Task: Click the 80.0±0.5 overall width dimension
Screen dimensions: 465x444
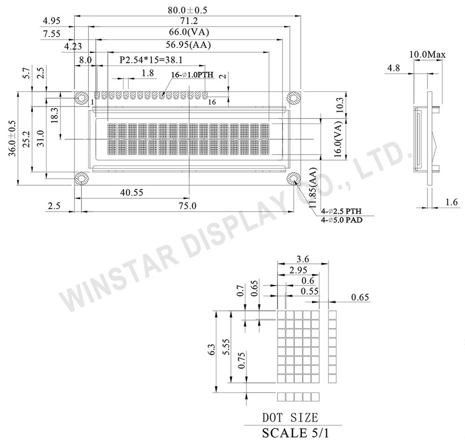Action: click(x=187, y=10)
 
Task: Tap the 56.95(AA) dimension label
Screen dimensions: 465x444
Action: click(x=188, y=45)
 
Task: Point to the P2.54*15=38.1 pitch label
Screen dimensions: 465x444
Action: click(x=151, y=60)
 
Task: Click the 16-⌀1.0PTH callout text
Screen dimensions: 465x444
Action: click(x=192, y=75)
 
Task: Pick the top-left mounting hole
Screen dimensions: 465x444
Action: click(x=80, y=98)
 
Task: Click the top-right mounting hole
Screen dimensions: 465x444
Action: click(x=293, y=98)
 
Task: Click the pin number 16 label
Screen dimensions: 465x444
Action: click(x=212, y=102)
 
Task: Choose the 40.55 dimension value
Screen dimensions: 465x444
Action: click(x=132, y=193)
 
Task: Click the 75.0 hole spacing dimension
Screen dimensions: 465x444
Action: click(x=187, y=206)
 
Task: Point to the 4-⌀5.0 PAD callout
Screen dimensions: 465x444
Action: click(x=342, y=220)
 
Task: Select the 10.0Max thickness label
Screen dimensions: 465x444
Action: click(x=427, y=54)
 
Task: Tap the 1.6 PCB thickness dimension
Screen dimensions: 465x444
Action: click(x=452, y=202)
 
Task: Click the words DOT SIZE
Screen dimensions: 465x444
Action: click(x=290, y=417)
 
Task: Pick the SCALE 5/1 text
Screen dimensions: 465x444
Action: click(x=295, y=433)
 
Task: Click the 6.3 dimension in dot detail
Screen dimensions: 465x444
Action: click(x=212, y=350)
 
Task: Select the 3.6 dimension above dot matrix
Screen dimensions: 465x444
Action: click(x=303, y=259)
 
